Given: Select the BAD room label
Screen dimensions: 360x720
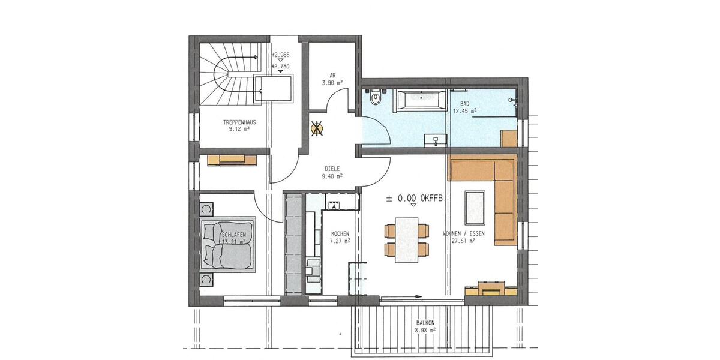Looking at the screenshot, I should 465,104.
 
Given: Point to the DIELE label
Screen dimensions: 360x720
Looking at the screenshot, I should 331,169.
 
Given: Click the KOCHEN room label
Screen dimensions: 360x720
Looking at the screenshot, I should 340,233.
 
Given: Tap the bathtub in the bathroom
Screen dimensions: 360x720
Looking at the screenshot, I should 419,99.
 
